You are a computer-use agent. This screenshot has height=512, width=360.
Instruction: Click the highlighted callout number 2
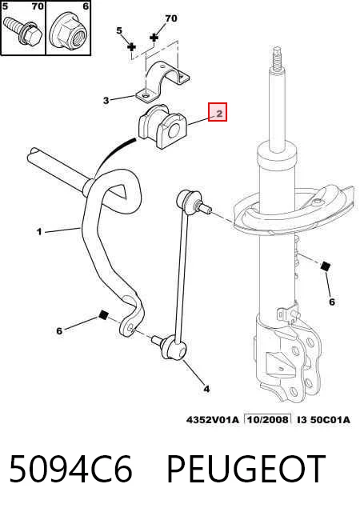[x=219, y=114]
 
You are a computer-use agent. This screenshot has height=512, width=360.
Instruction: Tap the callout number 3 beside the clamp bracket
[x=106, y=100]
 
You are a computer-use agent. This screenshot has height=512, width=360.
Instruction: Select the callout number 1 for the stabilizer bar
[x=39, y=232]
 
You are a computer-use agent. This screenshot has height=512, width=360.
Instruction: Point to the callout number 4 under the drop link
[x=206, y=389]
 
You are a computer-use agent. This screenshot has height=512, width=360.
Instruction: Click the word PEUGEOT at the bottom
[x=246, y=469]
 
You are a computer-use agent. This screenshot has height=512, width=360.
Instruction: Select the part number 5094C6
[x=70, y=469]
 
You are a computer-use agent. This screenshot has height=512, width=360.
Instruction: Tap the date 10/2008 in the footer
[x=268, y=419]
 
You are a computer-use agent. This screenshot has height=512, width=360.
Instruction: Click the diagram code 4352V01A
[x=213, y=419]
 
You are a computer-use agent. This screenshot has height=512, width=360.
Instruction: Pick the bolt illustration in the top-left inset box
[x=22, y=31]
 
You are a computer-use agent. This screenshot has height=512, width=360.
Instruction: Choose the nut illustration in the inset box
[x=69, y=32]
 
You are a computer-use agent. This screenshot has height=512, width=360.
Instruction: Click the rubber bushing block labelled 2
[x=162, y=126]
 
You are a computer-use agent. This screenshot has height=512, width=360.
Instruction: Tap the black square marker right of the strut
[x=326, y=266]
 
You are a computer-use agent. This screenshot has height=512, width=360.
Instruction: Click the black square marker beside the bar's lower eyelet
[x=103, y=315]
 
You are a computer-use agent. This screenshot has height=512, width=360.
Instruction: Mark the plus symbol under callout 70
[x=154, y=38]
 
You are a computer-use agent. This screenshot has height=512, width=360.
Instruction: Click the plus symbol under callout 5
[x=131, y=47]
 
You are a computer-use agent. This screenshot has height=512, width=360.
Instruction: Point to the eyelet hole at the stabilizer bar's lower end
[x=130, y=327]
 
